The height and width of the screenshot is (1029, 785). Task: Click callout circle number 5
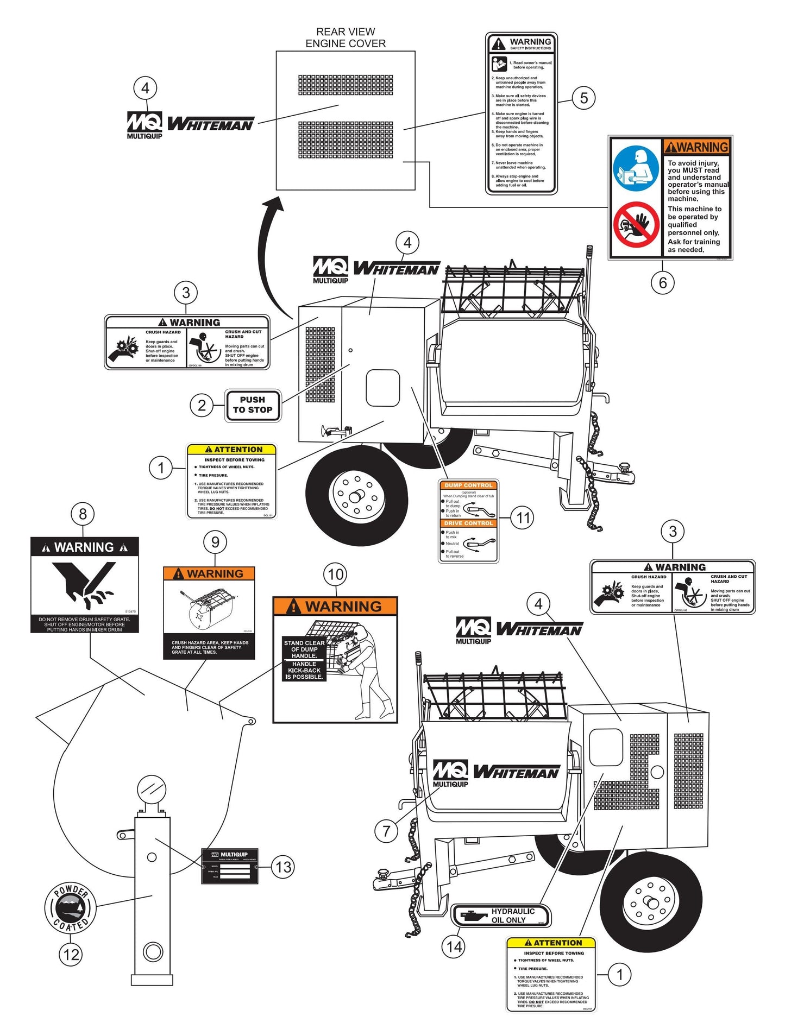[583, 98]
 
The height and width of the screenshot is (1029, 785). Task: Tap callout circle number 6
[662, 282]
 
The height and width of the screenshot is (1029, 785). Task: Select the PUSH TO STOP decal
[253, 405]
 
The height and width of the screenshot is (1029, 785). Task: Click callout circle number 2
[202, 405]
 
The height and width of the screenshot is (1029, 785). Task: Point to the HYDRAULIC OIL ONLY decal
[501, 916]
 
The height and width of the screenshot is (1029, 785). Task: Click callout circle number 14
[454, 946]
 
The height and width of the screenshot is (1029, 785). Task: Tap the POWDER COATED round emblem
[70, 907]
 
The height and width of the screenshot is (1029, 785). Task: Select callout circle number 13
[284, 867]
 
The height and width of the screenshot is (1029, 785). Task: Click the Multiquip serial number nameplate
[229, 866]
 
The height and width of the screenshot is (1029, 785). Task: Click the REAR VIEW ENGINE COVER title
[346, 37]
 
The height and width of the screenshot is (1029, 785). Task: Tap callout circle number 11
[523, 517]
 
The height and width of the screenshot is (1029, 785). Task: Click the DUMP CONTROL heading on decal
[468, 485]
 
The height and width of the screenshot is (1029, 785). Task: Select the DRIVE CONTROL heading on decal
[468, 523]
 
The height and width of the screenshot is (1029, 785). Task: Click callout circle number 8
[83, 514]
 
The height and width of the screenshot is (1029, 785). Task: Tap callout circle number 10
[335, 575]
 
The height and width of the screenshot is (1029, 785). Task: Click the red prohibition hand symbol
[636, 224]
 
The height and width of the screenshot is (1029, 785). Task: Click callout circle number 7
[386, 830]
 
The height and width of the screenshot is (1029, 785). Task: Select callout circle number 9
[215, 542]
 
